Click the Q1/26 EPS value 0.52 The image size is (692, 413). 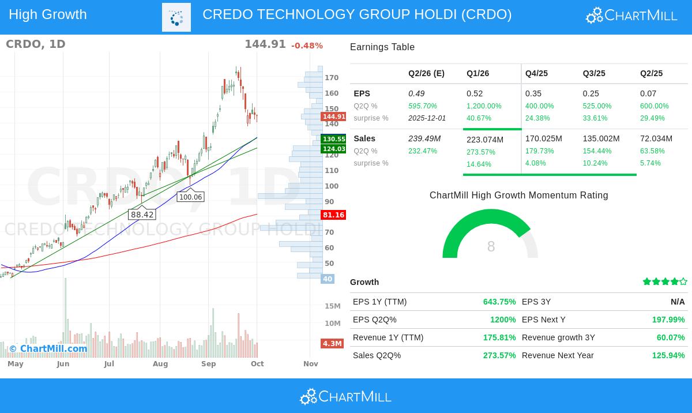[475, 93]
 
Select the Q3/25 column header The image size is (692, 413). [594, 73]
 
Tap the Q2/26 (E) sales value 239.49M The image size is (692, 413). [424, 138]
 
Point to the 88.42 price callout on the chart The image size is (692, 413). [142, 215]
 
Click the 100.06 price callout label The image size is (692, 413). [190, 197]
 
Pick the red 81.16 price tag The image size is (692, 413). [333, 215]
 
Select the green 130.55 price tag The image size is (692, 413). [334, 139]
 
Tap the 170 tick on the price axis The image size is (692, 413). [332, 78]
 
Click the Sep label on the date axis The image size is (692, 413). [208, 364]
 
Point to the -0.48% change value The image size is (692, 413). [307, 46]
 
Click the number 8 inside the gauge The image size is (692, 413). [491, 247]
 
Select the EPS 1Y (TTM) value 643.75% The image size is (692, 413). [499, 302]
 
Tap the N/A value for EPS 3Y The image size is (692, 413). [678, 302]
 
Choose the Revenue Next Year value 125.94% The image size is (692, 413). [668, 355]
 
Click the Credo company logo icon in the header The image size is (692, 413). [176, 17]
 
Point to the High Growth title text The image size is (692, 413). [48, 14]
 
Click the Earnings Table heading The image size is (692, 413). [382, 47]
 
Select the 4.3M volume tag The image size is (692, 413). [332, 344]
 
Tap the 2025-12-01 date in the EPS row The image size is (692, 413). [427, 118]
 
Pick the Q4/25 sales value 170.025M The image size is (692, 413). [544, 138]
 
